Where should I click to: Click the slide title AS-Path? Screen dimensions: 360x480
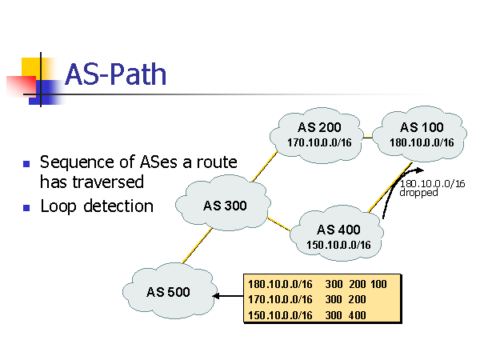[115, 74]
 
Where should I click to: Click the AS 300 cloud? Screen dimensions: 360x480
[225, 206]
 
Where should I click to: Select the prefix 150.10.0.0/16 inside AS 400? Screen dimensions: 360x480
[338, 245]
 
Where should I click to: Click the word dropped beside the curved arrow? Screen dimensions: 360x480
[418, 193]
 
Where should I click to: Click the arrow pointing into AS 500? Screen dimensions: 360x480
[227, 297]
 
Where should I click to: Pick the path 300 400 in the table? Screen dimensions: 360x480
[346, 314]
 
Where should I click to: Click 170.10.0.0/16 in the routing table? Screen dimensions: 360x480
[280, 299]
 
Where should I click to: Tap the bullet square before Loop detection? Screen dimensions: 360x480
[26, 207]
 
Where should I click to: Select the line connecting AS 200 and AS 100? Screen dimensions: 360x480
[369, 138]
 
